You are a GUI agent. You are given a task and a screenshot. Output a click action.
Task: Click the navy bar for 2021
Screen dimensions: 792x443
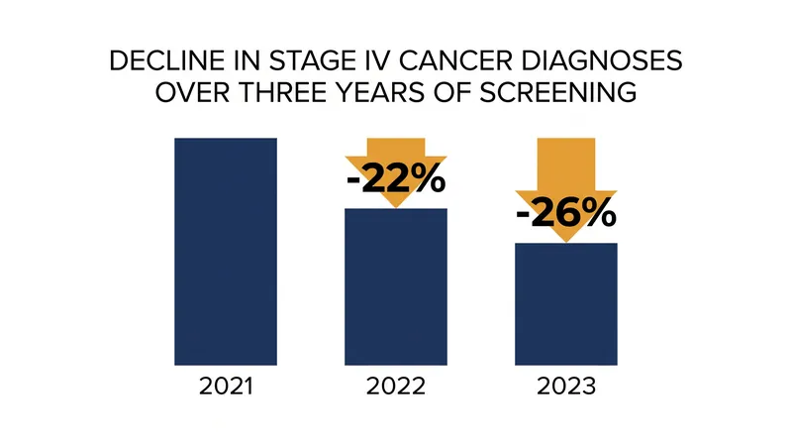click(x=226, y=252)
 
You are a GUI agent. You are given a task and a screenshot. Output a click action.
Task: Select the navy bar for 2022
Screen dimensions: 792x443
click(x=396, y=286)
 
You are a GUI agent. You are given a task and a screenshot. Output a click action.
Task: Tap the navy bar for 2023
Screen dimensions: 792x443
click(x=566, y=304)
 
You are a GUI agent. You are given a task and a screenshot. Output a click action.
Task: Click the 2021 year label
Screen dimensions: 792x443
click(x=226, y=387)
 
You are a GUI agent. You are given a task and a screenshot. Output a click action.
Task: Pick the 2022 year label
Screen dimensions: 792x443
click(x=396, y=387)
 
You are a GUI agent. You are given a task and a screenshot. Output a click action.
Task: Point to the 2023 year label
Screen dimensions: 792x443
click(x=566, y=387)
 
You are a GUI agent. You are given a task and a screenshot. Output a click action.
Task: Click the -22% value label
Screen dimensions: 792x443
click(x=396, y=179)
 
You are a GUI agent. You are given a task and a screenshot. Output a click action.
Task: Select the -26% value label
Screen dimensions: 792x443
click(x=566, y=213)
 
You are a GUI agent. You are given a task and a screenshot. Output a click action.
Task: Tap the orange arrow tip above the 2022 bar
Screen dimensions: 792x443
click(x=396, y=207)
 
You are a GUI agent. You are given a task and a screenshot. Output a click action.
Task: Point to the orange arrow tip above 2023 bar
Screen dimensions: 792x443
click(x=566, y=242)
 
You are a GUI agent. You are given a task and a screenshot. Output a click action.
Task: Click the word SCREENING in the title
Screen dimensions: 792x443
click(x=557, y=92)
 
